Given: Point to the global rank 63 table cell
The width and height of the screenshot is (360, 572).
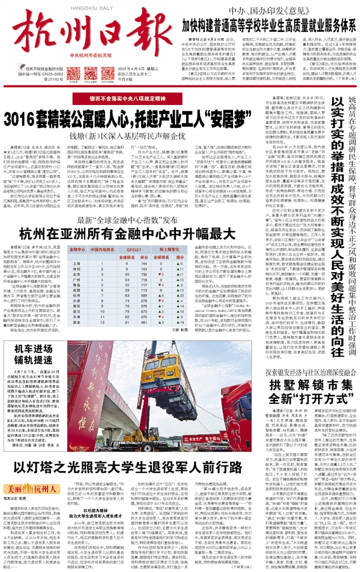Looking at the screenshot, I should [x=126, y=271].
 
